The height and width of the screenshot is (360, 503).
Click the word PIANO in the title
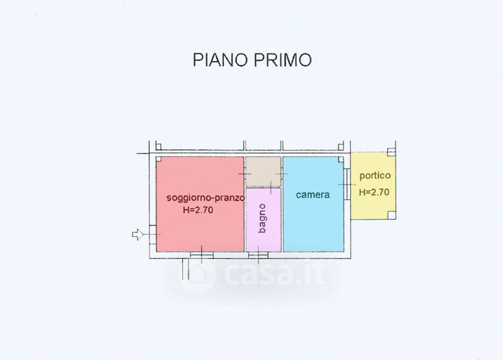[x=220, y=60]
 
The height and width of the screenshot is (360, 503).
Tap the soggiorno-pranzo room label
[x=206, y=198]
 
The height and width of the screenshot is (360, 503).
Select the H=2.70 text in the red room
[x=198, y=210]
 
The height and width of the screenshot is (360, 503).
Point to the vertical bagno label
[x=262, y=218]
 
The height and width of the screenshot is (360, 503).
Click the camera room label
[x=312, y=194]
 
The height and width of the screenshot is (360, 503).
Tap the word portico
[x=375, y=176]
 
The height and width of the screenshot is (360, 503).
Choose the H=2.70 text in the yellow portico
[x=374, y=192]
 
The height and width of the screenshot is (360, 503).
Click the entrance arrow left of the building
[x=137, y=234]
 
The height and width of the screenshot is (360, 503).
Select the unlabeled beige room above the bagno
[x=263, y=171]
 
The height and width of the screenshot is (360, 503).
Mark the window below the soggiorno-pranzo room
[x=202, y=255]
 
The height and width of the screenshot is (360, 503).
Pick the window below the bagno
[x=258, y=255]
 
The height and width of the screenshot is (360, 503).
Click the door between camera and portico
[x=347, y=184]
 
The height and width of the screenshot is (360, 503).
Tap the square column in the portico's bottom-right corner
[x=391, y=215]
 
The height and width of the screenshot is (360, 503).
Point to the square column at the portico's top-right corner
[x=391, y=152]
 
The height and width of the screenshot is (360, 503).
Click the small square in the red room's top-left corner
[x=158, y=159]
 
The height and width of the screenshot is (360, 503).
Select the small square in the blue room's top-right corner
[x=341, y=159]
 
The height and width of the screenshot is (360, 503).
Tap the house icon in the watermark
[x=196, y=274]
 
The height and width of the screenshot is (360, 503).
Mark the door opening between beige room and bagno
[x=271, y=187]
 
